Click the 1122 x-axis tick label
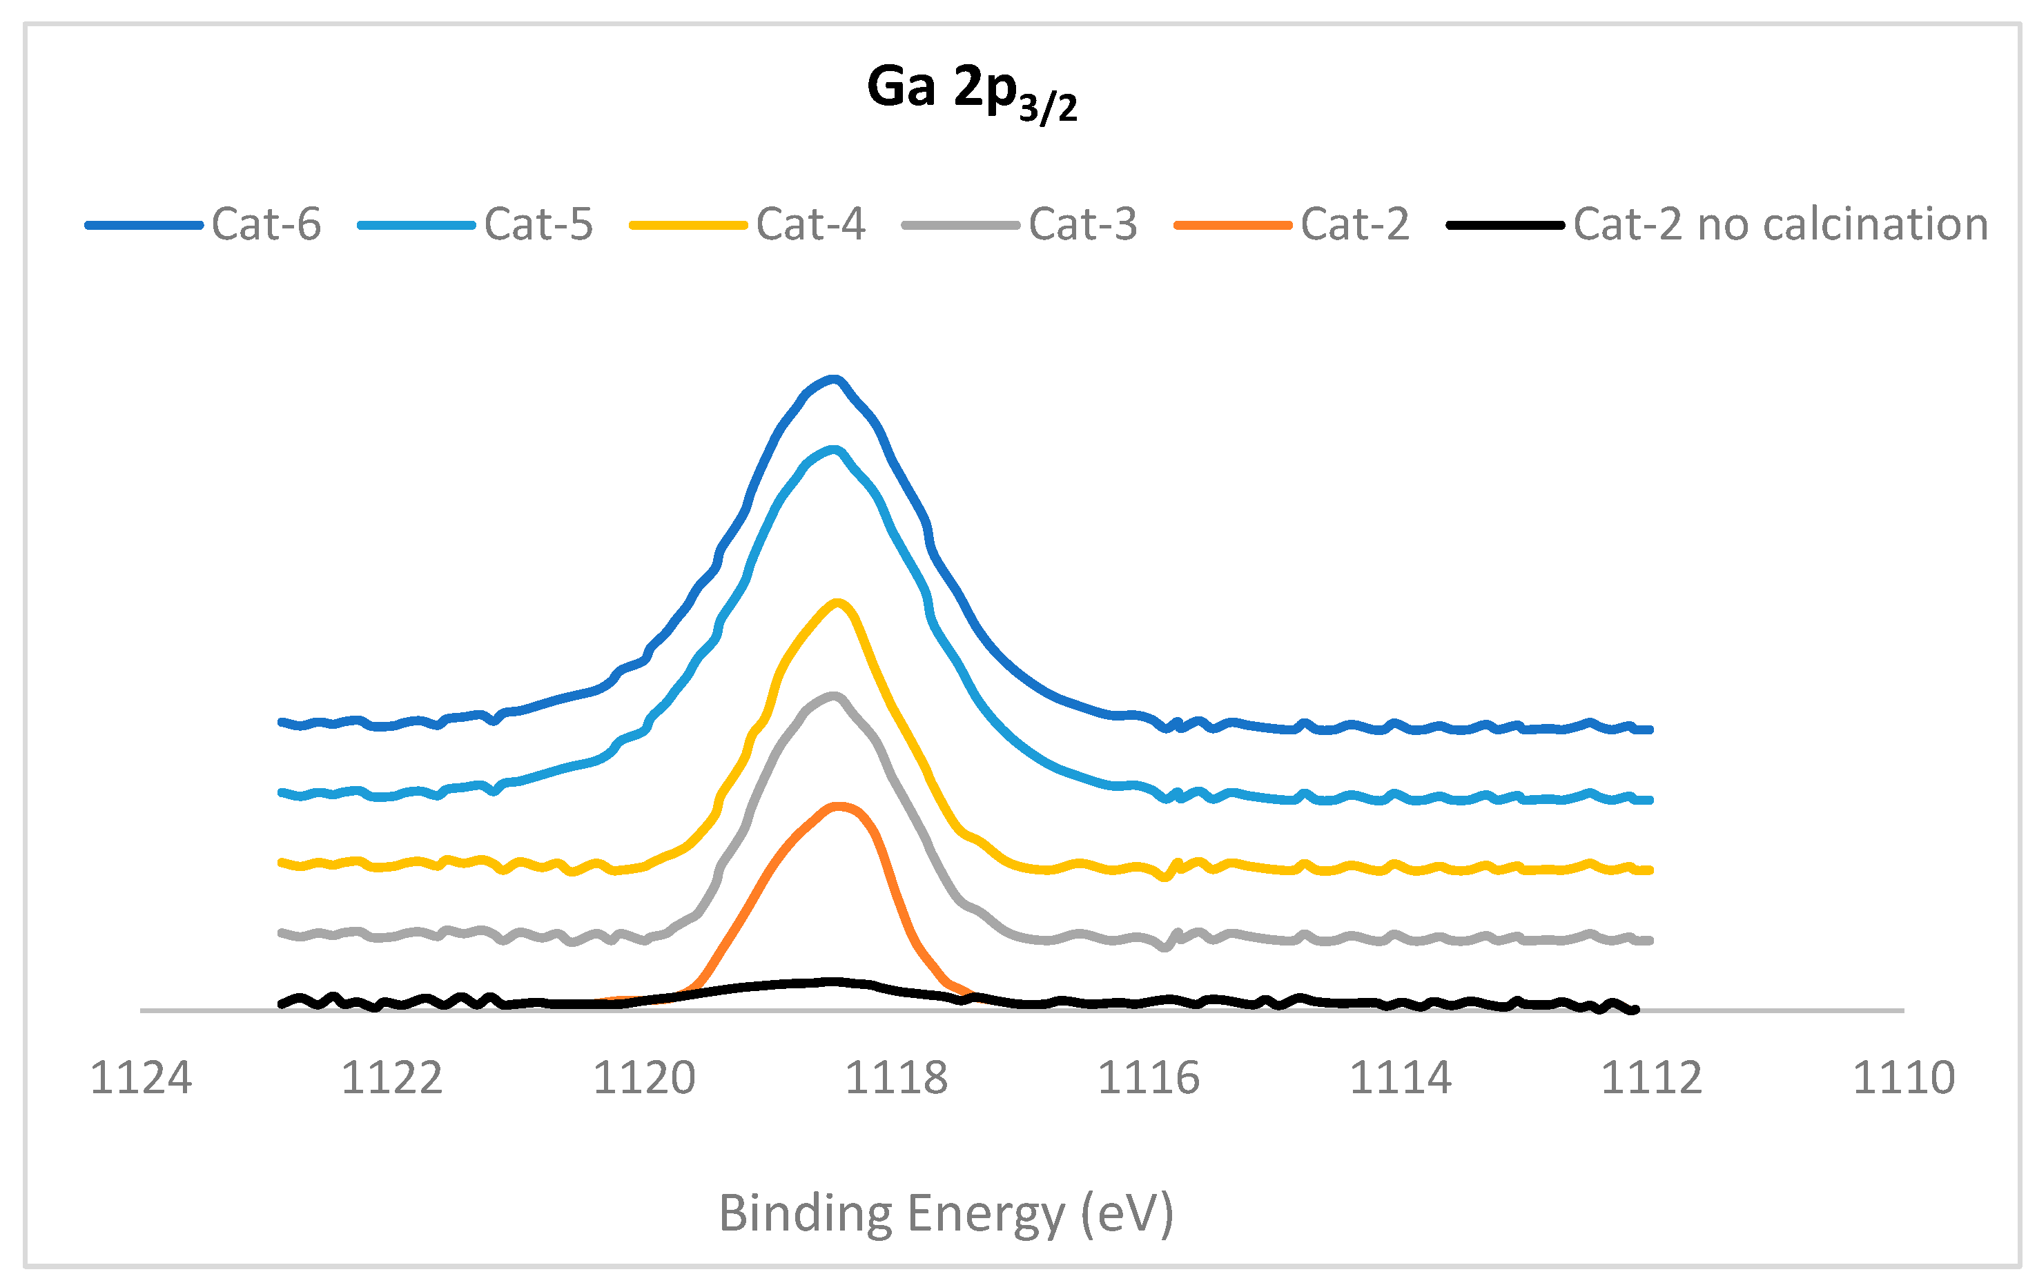[x=391, y=1078]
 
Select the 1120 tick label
[x=644, y=1078]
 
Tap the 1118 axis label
[x=896, y=1078]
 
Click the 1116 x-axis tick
[x=1148, y=1078]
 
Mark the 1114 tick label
[x=1400, y=1078]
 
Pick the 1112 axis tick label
[x=1651, y=1078]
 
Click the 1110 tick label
[x=1903, y=1078]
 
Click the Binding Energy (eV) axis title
[x=946, y=1214]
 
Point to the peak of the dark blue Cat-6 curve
[x=834, y=379]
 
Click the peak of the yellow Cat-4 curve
[x=837, y=603]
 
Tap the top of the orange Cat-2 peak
[x=837, y=806]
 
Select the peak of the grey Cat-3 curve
[x=834, y=697]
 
